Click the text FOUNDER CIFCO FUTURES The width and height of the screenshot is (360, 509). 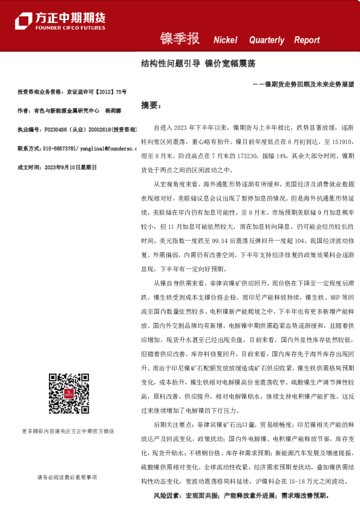point(70,28)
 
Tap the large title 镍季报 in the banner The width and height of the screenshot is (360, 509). point(179,39)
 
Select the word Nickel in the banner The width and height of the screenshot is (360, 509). point(226,41)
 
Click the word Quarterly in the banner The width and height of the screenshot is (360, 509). point(266,41)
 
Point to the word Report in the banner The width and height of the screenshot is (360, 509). point(307,41)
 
